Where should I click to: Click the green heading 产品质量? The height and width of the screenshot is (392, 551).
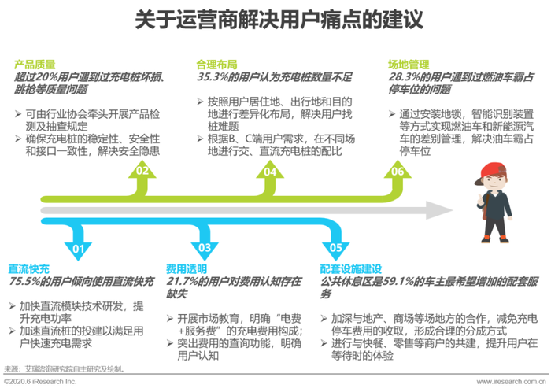point(35,65)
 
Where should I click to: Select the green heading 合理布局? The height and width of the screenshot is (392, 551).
point(216,65)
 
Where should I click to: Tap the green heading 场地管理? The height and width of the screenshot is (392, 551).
point(409,65)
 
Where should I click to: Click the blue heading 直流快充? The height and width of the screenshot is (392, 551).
point(29,269)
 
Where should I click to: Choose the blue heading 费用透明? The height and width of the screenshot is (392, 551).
point(187,269)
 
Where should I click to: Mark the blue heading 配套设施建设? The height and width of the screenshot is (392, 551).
point(351,269)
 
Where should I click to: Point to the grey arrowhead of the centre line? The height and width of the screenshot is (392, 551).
point(438,210)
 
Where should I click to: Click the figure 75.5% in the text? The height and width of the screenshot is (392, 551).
point(24,282)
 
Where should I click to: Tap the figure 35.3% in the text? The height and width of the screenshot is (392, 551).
point(213,77)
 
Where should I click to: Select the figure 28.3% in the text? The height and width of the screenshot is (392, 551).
point(404,77)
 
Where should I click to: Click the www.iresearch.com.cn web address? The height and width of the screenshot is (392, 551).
point(512,382)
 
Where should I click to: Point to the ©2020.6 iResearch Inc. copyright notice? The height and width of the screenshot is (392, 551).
point(40,382)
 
